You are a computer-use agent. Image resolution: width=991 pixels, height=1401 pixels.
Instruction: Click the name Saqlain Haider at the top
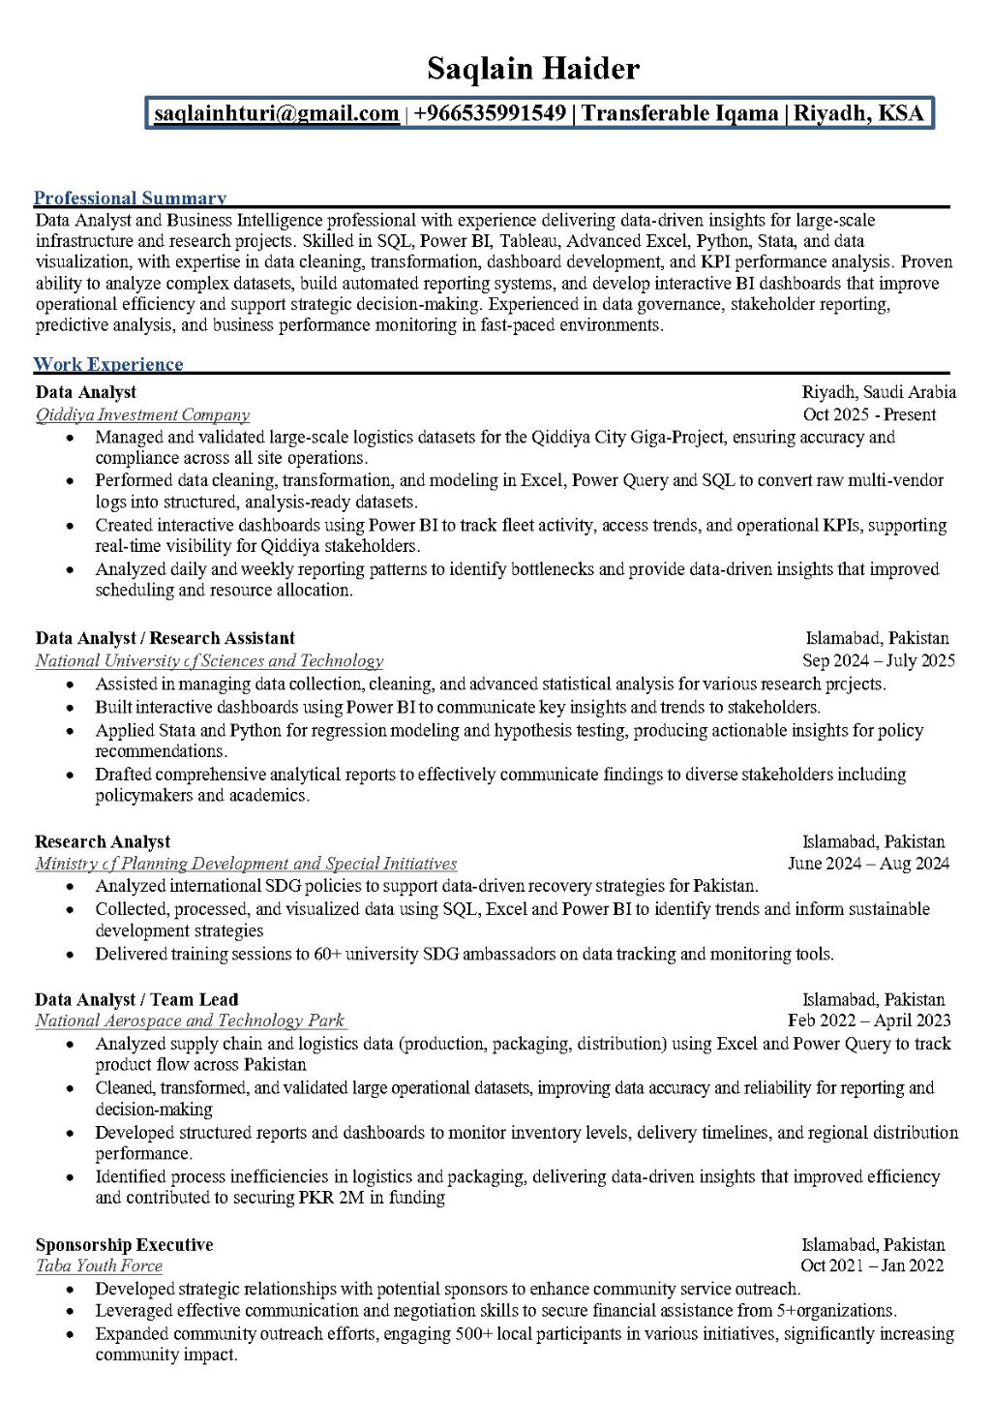point(533,70)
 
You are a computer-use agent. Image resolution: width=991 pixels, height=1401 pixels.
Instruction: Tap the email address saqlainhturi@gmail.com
point(277,114)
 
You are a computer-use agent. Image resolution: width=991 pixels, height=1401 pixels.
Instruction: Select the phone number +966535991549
point(490,114)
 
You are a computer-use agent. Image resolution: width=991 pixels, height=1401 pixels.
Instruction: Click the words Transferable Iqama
point(679,114)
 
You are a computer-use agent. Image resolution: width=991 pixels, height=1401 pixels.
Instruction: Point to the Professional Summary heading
point(130,198)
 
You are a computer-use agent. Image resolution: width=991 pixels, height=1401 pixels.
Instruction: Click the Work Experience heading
point(108,365)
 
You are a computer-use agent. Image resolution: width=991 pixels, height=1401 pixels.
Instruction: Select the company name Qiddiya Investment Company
point(142,415)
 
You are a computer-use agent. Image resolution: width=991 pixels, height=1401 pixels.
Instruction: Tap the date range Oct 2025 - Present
point(869,415)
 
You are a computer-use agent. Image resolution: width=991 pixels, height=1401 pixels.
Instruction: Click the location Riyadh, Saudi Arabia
point(878,392)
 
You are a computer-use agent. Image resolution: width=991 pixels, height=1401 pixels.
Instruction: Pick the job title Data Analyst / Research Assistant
point(165,638)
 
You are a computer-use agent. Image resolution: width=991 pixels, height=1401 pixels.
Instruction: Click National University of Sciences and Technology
point(209,661)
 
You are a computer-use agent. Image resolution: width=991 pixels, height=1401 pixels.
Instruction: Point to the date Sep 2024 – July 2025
point(878,661)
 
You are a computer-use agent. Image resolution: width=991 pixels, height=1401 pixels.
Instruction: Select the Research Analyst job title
point(103,842)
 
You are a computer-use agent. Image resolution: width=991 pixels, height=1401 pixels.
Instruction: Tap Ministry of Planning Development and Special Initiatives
point(246,864)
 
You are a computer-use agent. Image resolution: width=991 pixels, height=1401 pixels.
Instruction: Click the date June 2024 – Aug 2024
point(868,864)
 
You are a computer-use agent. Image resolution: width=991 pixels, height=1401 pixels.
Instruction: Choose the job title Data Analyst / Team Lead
point(136,1000)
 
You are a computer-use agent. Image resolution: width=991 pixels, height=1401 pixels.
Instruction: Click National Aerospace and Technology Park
point(190,1021)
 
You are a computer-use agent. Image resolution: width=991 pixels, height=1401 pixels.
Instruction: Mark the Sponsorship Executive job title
point(124,1245)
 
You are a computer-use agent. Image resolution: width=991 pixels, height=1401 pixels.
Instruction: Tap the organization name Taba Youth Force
point(99,1266)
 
